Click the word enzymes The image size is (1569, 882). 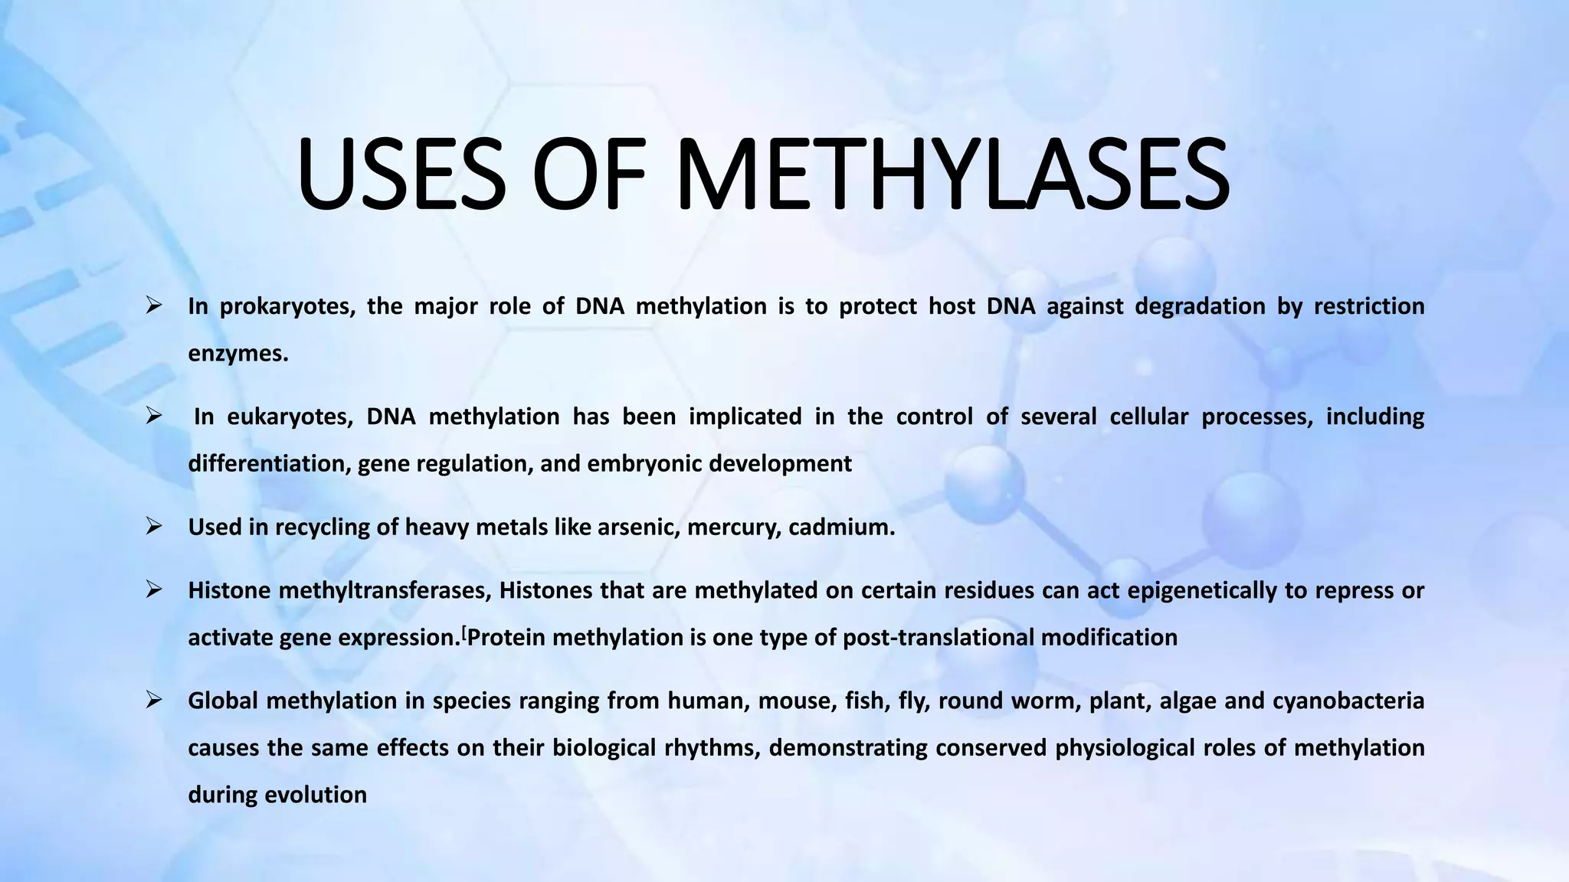click(237, 354)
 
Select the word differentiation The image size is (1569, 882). click(269, 464)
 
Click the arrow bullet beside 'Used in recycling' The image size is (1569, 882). click(153, 527)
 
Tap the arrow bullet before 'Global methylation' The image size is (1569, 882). click(153, 701)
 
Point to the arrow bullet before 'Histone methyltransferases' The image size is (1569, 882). click(153, 590)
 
